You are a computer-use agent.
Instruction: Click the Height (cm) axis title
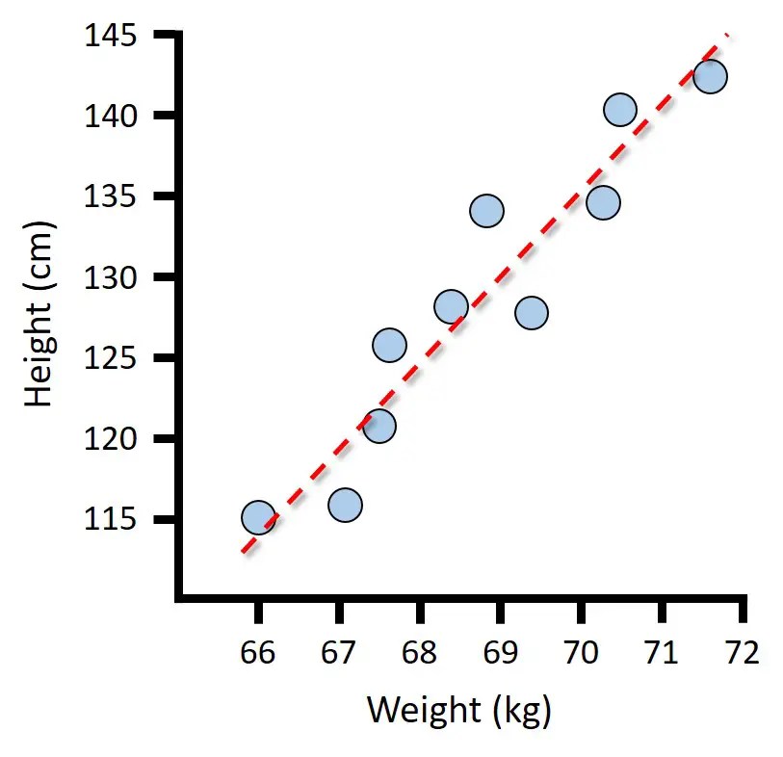point(40,314)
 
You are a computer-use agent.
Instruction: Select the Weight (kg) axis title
point(458,712)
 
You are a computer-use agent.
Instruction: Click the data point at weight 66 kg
point(258,518)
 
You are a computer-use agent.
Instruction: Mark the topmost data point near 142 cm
point(710,76)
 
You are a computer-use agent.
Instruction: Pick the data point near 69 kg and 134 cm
point(487,211)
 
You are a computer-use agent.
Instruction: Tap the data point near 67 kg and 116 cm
point(345,505)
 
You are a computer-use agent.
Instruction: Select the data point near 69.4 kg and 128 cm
point(532,313)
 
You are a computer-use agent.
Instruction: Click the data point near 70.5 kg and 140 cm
point(620,110)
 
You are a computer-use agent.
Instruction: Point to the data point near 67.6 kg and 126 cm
point(389,345)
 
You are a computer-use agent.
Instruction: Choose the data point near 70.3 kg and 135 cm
point(603,203)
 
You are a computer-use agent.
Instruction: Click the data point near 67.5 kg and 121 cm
point(379,426)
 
